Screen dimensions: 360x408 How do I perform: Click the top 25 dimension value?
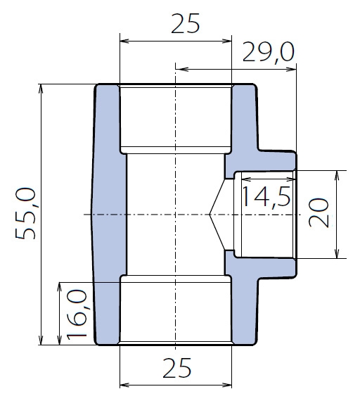[x=186, y=23]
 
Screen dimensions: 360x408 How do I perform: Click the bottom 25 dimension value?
[x=177, y=368]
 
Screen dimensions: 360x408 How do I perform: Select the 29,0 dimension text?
[x=269, y=52]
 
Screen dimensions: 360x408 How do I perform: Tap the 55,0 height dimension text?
[x=25, y=213]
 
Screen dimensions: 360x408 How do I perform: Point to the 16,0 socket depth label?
[x=77, y=315]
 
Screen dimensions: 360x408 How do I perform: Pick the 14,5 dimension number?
[x=266, y=197]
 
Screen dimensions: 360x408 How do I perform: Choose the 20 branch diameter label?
[x=319, y=212]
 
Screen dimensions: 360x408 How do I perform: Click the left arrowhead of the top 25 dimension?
[x=124, y=41]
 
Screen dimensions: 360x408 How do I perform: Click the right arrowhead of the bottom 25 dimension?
[x=227, y=385]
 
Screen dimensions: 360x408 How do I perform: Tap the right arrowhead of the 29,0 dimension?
[x=292, y=69]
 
